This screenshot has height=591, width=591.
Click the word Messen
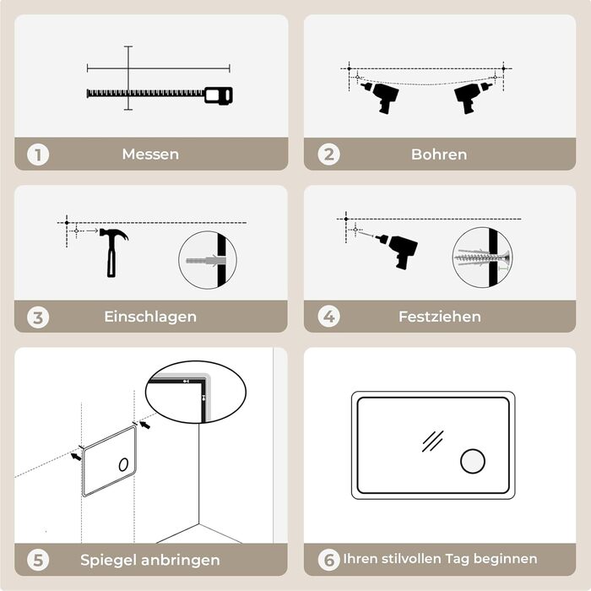150,155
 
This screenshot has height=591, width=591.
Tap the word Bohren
439,155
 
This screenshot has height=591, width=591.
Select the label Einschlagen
150,317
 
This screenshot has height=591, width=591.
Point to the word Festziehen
440,317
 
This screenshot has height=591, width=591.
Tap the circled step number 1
38,155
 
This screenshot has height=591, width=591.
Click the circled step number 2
328,155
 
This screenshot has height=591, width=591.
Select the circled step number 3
38,317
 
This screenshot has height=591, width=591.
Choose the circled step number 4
328,317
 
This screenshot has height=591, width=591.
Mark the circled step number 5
38,560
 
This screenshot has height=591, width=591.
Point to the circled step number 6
328,560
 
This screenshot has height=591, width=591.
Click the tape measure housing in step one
219,95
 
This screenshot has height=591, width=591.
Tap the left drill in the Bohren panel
381,97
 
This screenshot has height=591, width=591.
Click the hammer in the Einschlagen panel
111,252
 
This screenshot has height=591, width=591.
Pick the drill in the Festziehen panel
399,250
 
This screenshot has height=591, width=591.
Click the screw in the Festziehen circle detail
482,258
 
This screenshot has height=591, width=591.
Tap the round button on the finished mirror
473,461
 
